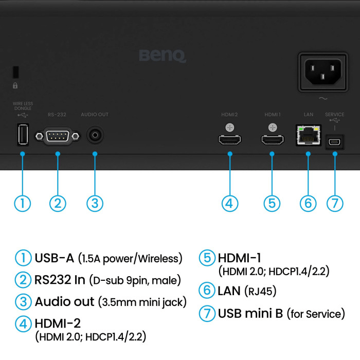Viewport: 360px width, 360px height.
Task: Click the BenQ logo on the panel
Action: pos(163,56)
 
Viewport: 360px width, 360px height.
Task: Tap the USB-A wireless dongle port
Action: pos(23,135)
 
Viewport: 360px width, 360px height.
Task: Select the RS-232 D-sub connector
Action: pos(58,136)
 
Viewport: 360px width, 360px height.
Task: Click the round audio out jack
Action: pos(95,135)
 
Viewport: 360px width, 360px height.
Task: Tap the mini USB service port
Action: pos(335,140)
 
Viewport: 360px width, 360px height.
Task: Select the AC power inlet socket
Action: pos(323,70)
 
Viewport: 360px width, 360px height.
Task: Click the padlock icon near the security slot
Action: pos(15,85)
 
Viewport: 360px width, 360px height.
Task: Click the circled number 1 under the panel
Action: pos(22,203)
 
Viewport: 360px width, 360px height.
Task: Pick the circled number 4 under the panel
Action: pos(230,203)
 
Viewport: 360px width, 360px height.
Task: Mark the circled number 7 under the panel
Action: pos(335,203)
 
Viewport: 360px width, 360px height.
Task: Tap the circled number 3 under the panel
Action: pos(95,203)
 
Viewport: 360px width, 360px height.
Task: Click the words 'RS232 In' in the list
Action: pos(60,280)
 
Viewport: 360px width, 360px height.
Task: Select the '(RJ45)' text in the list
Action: pos(260,291)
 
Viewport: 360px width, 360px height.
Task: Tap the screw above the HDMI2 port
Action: pos(230,127)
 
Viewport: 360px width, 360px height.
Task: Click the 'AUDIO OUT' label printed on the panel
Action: pos(95,114)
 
